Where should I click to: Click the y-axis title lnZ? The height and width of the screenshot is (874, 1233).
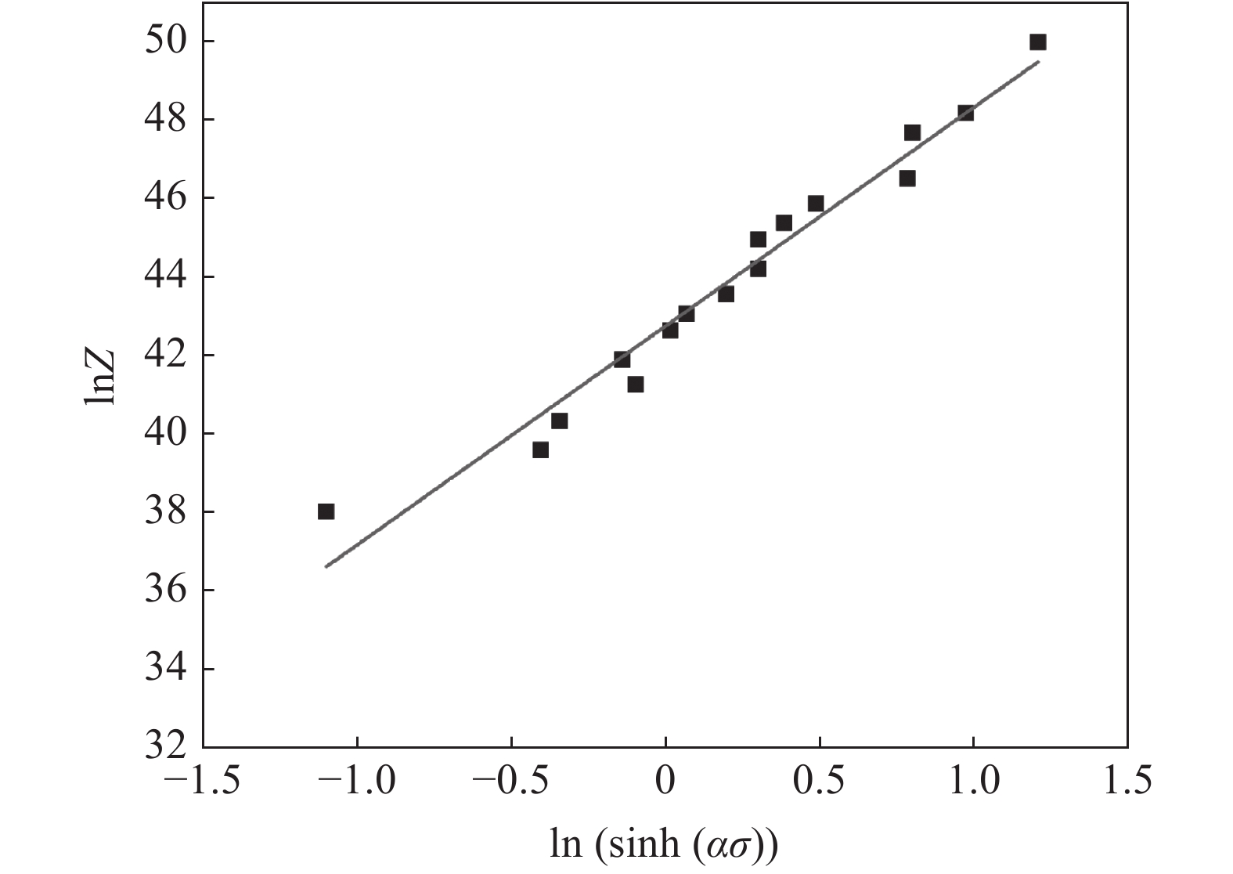[x=99, y=377]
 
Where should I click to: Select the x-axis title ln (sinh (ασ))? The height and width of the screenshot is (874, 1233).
[x=664, y=845]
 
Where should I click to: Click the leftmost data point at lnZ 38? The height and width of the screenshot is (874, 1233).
[x=326, y=511]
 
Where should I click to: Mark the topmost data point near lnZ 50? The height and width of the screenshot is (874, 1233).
[x=1038, y=42]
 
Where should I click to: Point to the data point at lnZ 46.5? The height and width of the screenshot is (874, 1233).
[x=907, y=179]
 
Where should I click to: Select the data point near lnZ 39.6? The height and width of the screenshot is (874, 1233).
[x=540, y=450]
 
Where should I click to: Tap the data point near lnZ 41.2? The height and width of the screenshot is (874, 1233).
[x=636, y=385]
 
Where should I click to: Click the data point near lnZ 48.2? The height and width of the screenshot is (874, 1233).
[x=965, y=113]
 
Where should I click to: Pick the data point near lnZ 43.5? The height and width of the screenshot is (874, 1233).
[x=726, y=294]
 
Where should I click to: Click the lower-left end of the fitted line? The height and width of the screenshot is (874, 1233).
[x=326, y=566]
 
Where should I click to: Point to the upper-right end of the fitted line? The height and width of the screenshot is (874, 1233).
[x=1038, y=61]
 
